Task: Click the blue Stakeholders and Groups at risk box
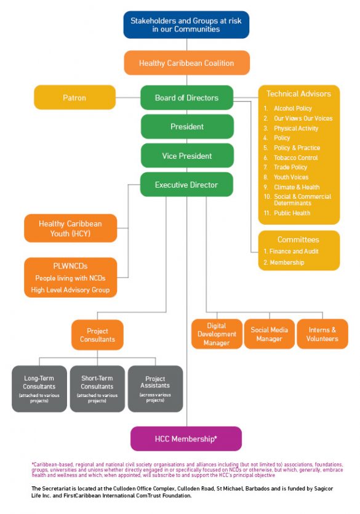(186, 25)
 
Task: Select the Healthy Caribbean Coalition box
(186, 63)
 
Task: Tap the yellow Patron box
(74, 97)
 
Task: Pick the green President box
(186, 127)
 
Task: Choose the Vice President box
(186, 156)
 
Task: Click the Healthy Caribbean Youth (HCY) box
(70, 228)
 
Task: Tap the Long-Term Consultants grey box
(39, 388)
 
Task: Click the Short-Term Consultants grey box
(97, 388)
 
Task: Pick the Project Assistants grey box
(155, 388)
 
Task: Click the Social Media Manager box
(270, 334)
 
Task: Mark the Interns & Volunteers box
(322, 334)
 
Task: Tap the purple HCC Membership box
(186, 439)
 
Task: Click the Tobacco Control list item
(295, 158)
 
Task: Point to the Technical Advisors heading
(298, 94)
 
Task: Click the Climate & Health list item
(296, 187)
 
